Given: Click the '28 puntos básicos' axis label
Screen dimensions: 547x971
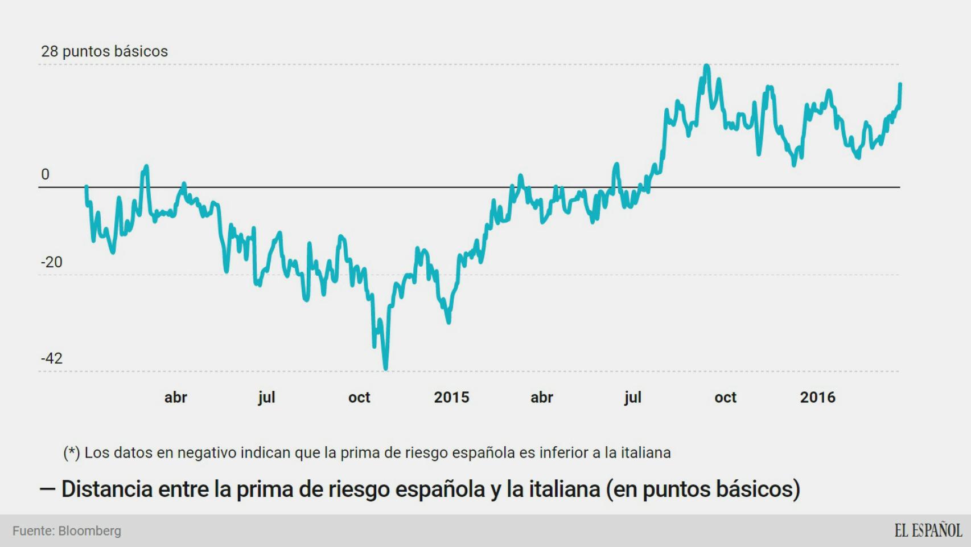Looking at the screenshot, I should click(104, 51).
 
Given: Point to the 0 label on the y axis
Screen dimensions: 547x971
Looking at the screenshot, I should click(46, 174).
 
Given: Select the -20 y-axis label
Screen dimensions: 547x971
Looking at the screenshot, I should click(52, 262).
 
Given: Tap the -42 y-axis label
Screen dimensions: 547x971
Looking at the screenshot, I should click(52, 358).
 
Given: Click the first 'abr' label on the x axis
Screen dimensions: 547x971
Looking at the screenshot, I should click(175, 397).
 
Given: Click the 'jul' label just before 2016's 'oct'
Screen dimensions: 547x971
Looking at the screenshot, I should click(632, 397).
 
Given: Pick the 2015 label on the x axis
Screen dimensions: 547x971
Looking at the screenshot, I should click(451, 397).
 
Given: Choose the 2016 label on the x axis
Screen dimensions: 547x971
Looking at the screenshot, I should click(817, 397).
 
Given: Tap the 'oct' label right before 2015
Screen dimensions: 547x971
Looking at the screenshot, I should click(359, 397).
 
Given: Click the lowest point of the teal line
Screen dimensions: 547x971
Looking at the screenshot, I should click(386, 369).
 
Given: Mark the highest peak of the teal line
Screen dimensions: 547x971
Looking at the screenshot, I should click(706, 66).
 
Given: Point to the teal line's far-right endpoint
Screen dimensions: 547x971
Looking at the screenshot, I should click(900, 84).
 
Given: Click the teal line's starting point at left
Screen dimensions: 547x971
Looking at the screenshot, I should click(87, 186).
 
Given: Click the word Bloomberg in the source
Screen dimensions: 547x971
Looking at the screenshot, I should click(89, 531).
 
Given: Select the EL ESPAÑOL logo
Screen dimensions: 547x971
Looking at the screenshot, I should click(928, 530).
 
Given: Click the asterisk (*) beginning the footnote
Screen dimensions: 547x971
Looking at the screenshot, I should click(72, 453).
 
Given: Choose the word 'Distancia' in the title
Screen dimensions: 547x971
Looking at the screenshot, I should click(107, 489).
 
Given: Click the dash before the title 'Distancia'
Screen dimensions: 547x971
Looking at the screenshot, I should click(47, 489).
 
